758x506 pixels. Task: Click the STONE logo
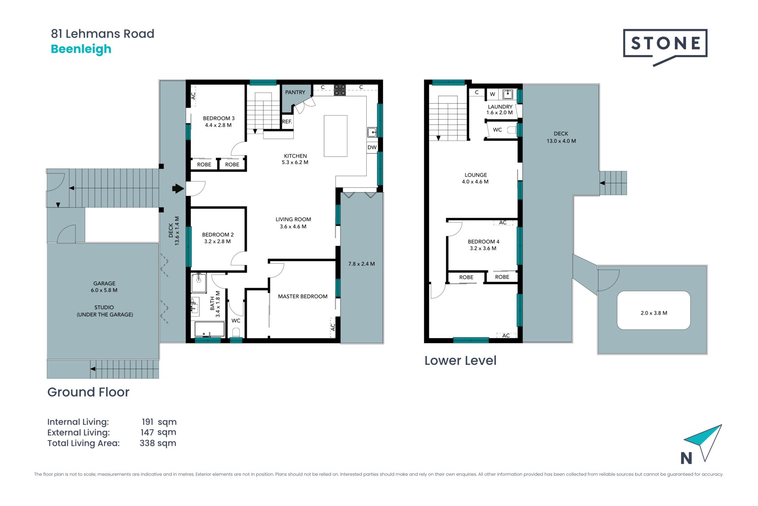665,47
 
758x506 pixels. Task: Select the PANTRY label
295,92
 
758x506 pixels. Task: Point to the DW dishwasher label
372,147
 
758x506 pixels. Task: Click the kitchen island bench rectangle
336,136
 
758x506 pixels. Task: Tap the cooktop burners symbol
340,90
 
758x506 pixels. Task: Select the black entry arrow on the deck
178,189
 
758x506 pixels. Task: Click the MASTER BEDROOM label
303,296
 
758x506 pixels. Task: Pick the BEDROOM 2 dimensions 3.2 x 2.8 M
218,242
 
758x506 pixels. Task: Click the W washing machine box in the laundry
493,94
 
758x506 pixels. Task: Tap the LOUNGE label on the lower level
476,175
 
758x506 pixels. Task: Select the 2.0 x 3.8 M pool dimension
654,313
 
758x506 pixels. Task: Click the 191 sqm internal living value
159,422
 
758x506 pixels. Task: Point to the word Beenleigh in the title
81,49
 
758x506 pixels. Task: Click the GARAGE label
104,283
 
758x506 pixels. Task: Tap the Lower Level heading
460,361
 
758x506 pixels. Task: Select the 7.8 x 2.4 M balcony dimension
362,264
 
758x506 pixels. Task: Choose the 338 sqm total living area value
158,443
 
